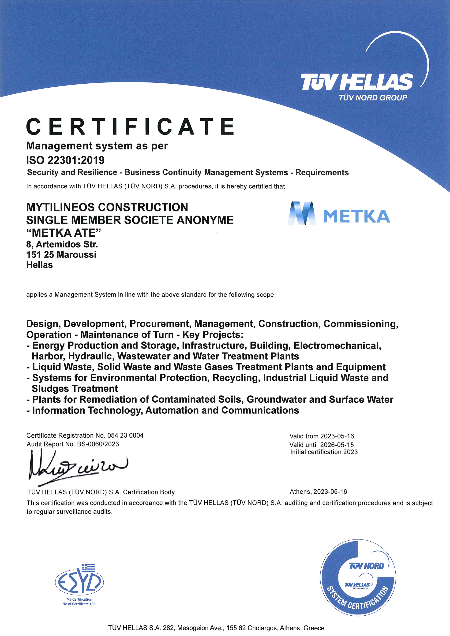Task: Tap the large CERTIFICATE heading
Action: pos(130,126)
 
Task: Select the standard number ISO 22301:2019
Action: pos(65,160)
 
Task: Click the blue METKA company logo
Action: pos(339,213)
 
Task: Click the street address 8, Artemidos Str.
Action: pos(62,244)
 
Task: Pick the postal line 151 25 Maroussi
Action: pos(61,255)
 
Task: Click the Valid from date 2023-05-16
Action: pos(337,436)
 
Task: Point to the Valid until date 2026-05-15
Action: pos(337,445)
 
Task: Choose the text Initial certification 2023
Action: pos(324,452)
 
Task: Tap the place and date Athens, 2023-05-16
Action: pos(318,492)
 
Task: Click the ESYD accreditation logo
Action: pos(79,582)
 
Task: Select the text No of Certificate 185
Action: pos(79,604)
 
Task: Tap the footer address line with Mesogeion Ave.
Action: pos(216,628)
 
